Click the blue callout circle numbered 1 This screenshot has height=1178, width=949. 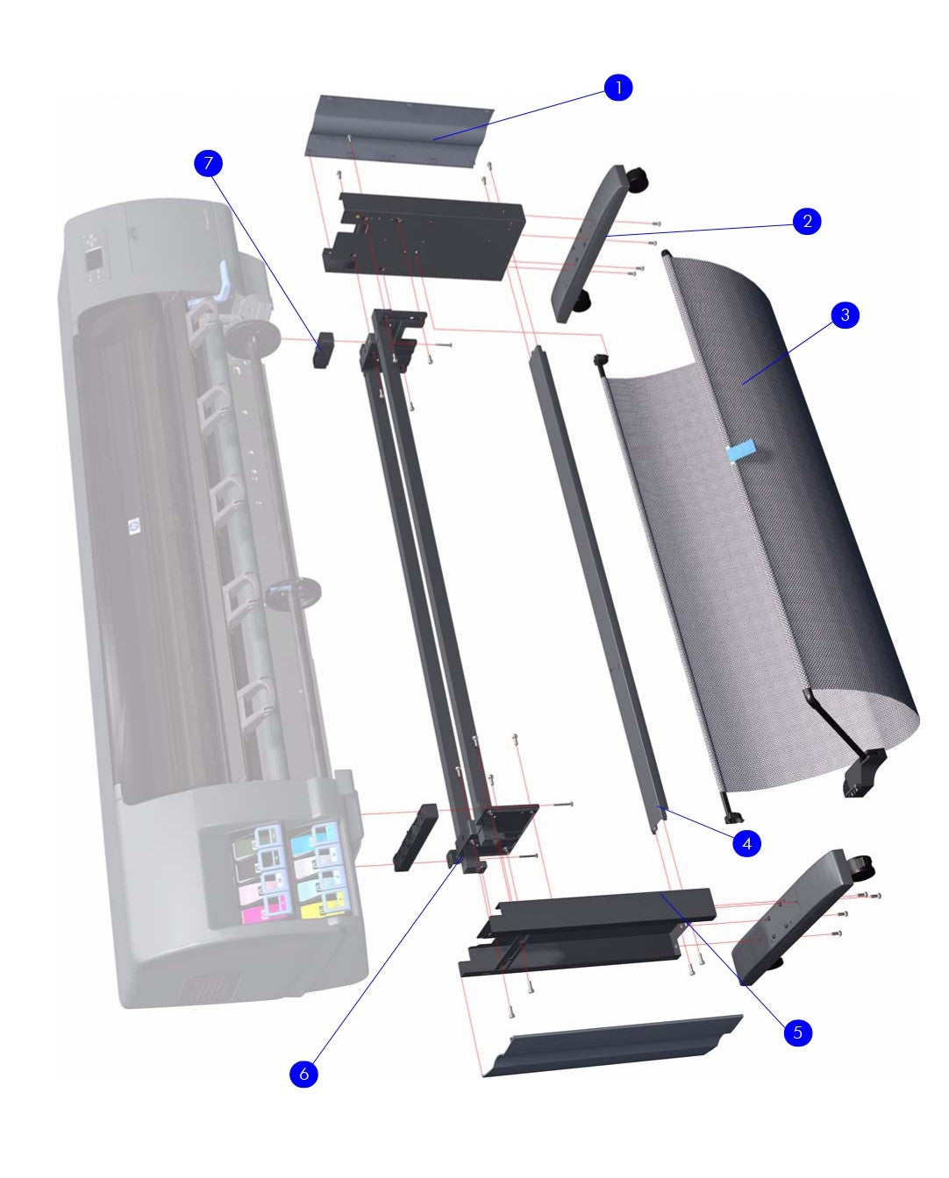click(618, 88)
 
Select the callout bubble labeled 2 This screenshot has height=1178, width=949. click(807, 221)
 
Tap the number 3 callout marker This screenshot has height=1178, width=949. click(845, 316)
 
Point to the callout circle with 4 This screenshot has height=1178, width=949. click(746, 844)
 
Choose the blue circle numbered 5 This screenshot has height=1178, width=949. click(797, 1033)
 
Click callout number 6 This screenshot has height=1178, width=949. click(303, 1074)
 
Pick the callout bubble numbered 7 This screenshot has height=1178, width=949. click(208, 163)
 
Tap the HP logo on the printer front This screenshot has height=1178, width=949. click(134, 526)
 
